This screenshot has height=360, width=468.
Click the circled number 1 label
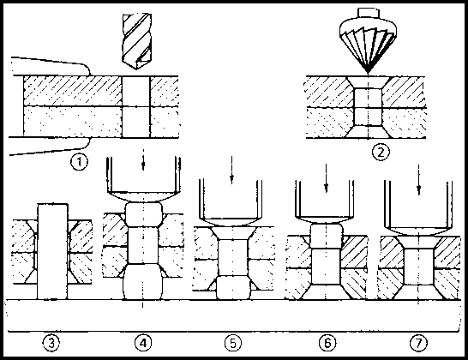tap(79, 162)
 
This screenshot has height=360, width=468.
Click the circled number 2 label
tap(381, 153)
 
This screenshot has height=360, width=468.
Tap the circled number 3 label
tap(51, 343)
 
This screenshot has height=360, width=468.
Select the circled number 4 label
tap(143, 343)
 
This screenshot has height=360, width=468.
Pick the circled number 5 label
tap(233, 343)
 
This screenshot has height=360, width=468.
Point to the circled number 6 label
tap(327, 343)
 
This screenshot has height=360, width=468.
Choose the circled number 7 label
tap(418, 343)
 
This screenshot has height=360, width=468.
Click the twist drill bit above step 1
tap(136, 41)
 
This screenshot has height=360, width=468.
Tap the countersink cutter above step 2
tap(369, 41)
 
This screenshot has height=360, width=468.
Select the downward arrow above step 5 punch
tap(232, 171)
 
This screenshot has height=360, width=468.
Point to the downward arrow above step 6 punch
tap(327, 178)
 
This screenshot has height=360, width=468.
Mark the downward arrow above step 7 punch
tap(419, 180)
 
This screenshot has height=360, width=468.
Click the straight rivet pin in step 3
tap(52, 251)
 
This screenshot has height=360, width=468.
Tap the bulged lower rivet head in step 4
tap(143, 282)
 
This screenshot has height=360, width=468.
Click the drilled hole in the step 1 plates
tap(135, 107)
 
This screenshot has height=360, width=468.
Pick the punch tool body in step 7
tap(418, 207)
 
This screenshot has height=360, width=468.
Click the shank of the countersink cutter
tap(369, 14)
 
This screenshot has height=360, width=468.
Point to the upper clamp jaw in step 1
tap(51, 66)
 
